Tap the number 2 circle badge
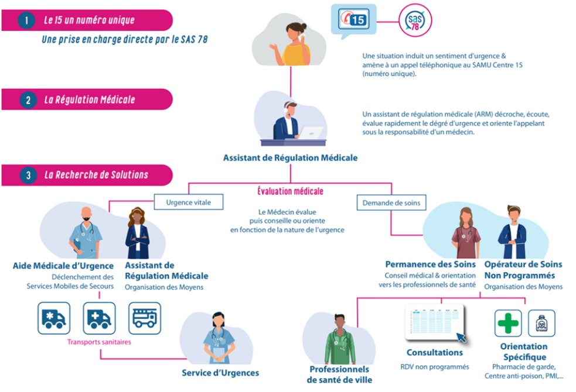coord(27,100)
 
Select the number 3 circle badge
coord(27,175)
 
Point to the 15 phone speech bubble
coord(352,20)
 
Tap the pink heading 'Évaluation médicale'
coord(290,191)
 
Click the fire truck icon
coord(145,318)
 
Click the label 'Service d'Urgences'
coord(220,373)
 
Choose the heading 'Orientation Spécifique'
coord(523,352)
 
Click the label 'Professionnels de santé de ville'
coord(339,374)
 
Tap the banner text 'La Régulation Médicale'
coord(90,100)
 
